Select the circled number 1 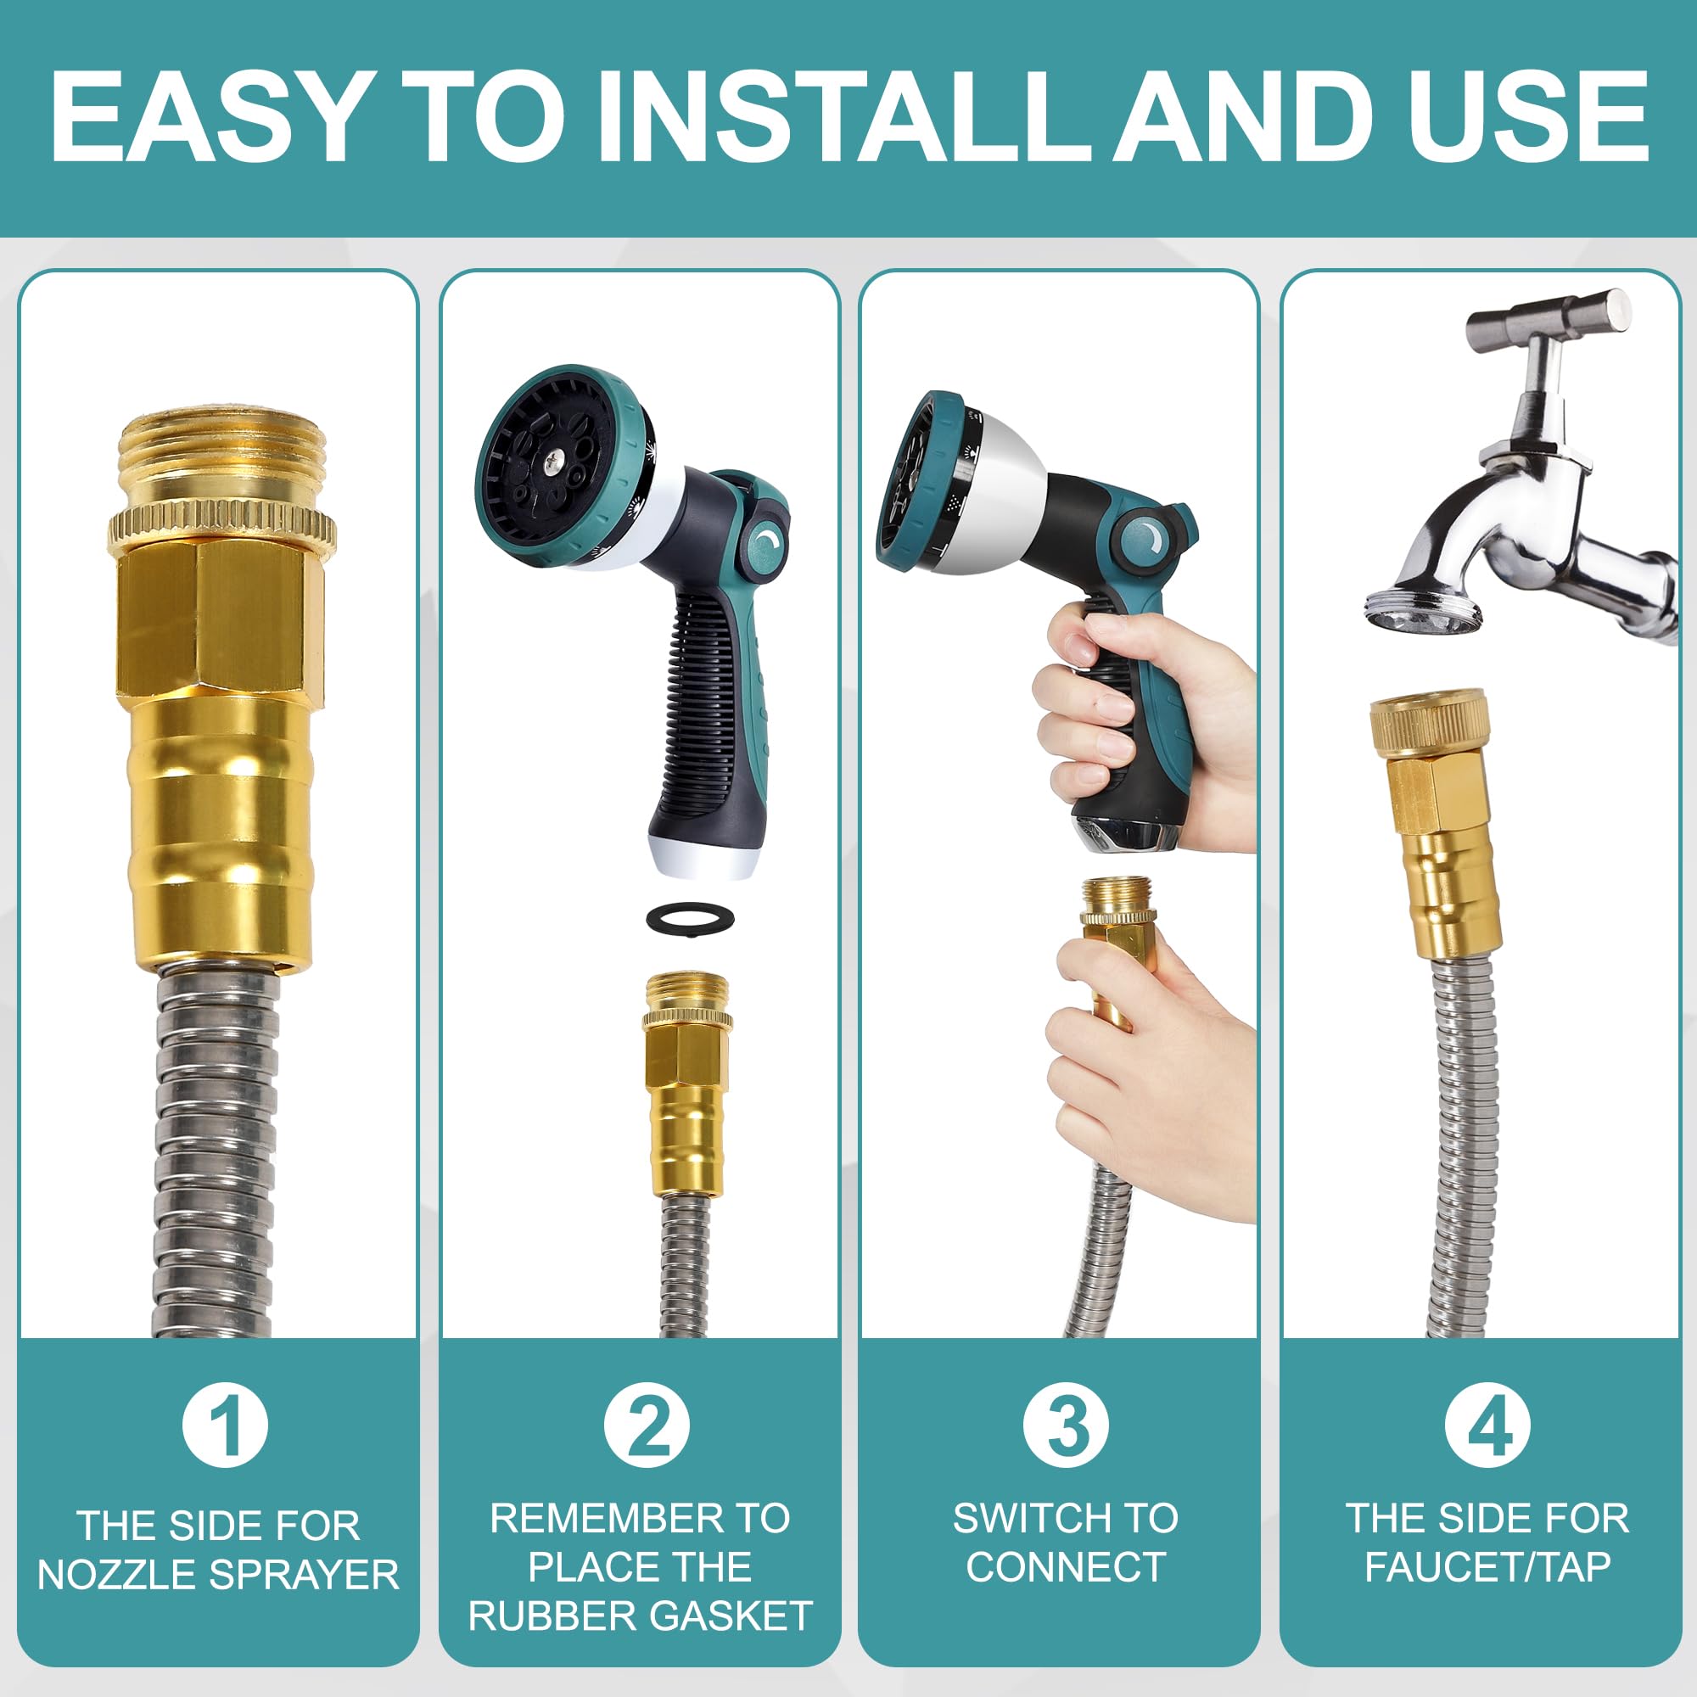pyautogui.click(x=225, y=1424)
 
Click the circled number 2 pyautogui.click(x=647, y=1424)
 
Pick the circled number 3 pyautogui.click(x=1066, y=1424)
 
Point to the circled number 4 pyautogui.click(x=1488, y=1424)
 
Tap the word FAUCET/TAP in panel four pyautogui.click(x=1487, y=1567)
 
